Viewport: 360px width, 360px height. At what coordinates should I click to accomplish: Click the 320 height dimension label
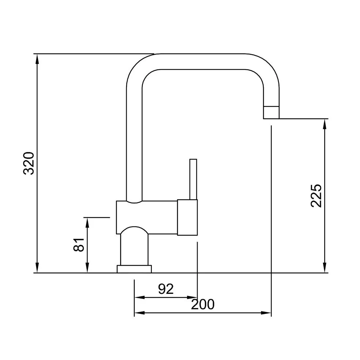29,163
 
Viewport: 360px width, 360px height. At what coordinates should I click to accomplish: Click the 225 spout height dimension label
316,196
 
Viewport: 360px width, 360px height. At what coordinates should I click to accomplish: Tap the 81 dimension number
79,245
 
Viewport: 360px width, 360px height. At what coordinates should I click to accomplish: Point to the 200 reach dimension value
203,304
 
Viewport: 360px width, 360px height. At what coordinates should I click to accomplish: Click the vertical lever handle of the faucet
193,179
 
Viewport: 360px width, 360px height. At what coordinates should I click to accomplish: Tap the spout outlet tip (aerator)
271,113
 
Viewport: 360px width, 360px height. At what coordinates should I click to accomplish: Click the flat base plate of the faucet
134,269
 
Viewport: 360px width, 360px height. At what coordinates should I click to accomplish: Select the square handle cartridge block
187,217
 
